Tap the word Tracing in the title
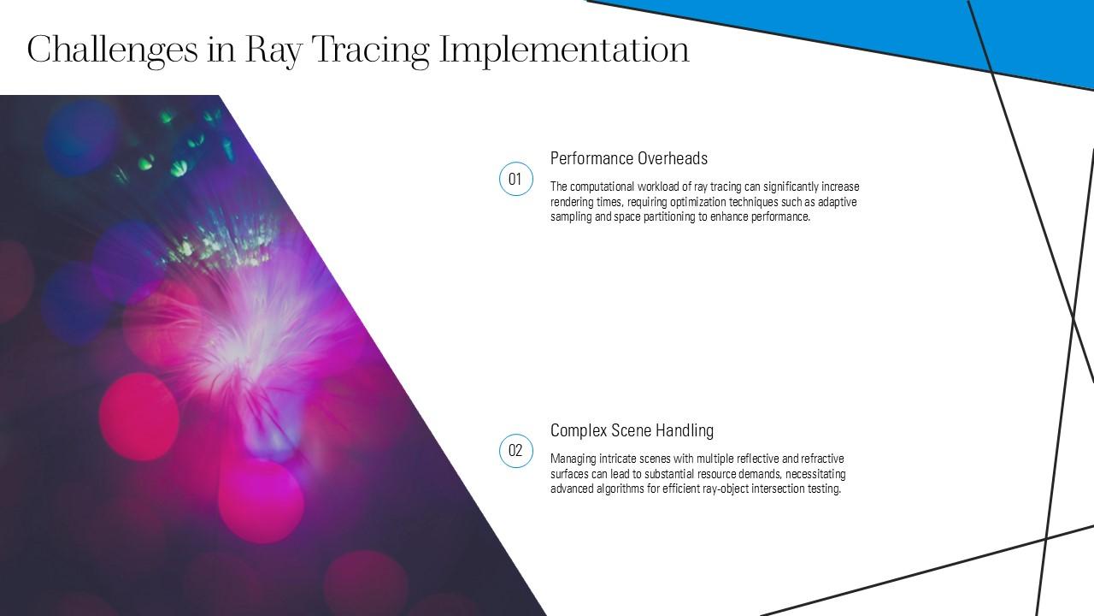[370, 50]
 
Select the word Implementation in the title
[564, 50]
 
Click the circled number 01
[515, 179]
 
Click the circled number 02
[515, 451]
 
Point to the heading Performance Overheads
[628, 158]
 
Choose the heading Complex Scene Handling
[632, 430]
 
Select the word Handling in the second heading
[685, 430]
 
